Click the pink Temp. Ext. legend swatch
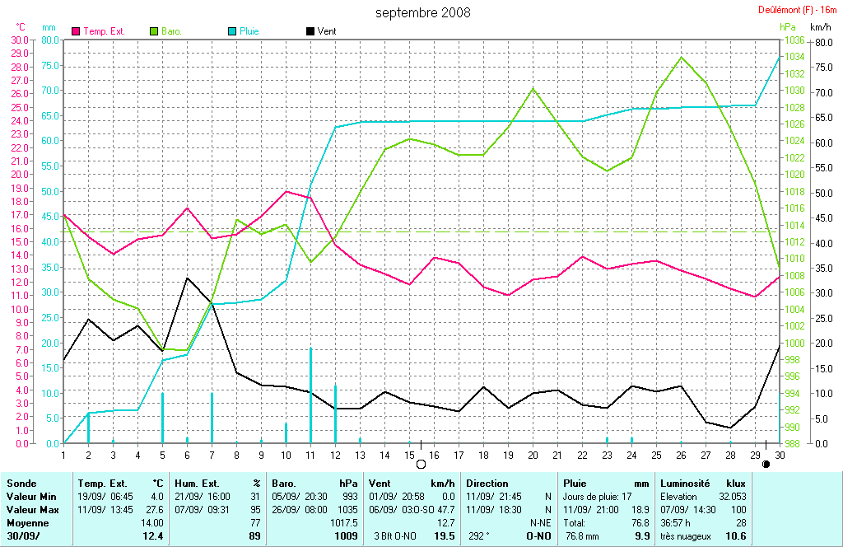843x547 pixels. point(77,31)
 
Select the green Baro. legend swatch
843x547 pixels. point(154,31)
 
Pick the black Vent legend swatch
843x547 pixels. point(310,31)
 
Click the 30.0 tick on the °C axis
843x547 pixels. point(18,40)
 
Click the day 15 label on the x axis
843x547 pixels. point(409,454)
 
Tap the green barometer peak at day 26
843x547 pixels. point(681,57)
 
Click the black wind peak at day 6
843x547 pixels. point(187,278)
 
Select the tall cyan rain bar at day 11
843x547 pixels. point(310,395)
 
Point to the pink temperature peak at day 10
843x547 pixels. point(286,191)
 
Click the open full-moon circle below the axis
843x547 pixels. point(421,464)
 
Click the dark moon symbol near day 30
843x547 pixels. point(767,464)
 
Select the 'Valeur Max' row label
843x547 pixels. point(32,510)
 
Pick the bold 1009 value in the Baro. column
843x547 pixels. point(347,537)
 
